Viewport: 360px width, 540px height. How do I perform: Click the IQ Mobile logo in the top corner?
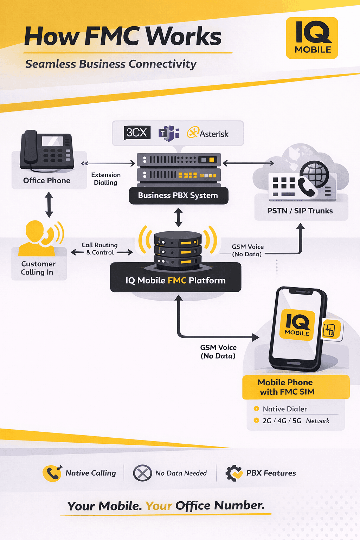[312, 38]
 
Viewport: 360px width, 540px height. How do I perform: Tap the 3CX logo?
[137, 133]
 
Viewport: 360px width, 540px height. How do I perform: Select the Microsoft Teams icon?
[169, 133]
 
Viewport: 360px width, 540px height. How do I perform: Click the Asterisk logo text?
[214, 134]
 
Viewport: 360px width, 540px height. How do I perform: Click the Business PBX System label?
[178, 195]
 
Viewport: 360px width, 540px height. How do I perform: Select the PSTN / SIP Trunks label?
[300, 211]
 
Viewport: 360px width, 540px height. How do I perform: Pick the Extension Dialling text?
[105, 179]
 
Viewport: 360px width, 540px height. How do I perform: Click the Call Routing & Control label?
[100, 249]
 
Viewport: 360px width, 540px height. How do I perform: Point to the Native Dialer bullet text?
[285, 409]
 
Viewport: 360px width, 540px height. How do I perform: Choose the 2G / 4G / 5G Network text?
[296, 421]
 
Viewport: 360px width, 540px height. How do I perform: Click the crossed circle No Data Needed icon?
[142, 473]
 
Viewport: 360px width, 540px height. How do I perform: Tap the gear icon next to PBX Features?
[233, 473]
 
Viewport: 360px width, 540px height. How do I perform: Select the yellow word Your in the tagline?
[159, 506]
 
